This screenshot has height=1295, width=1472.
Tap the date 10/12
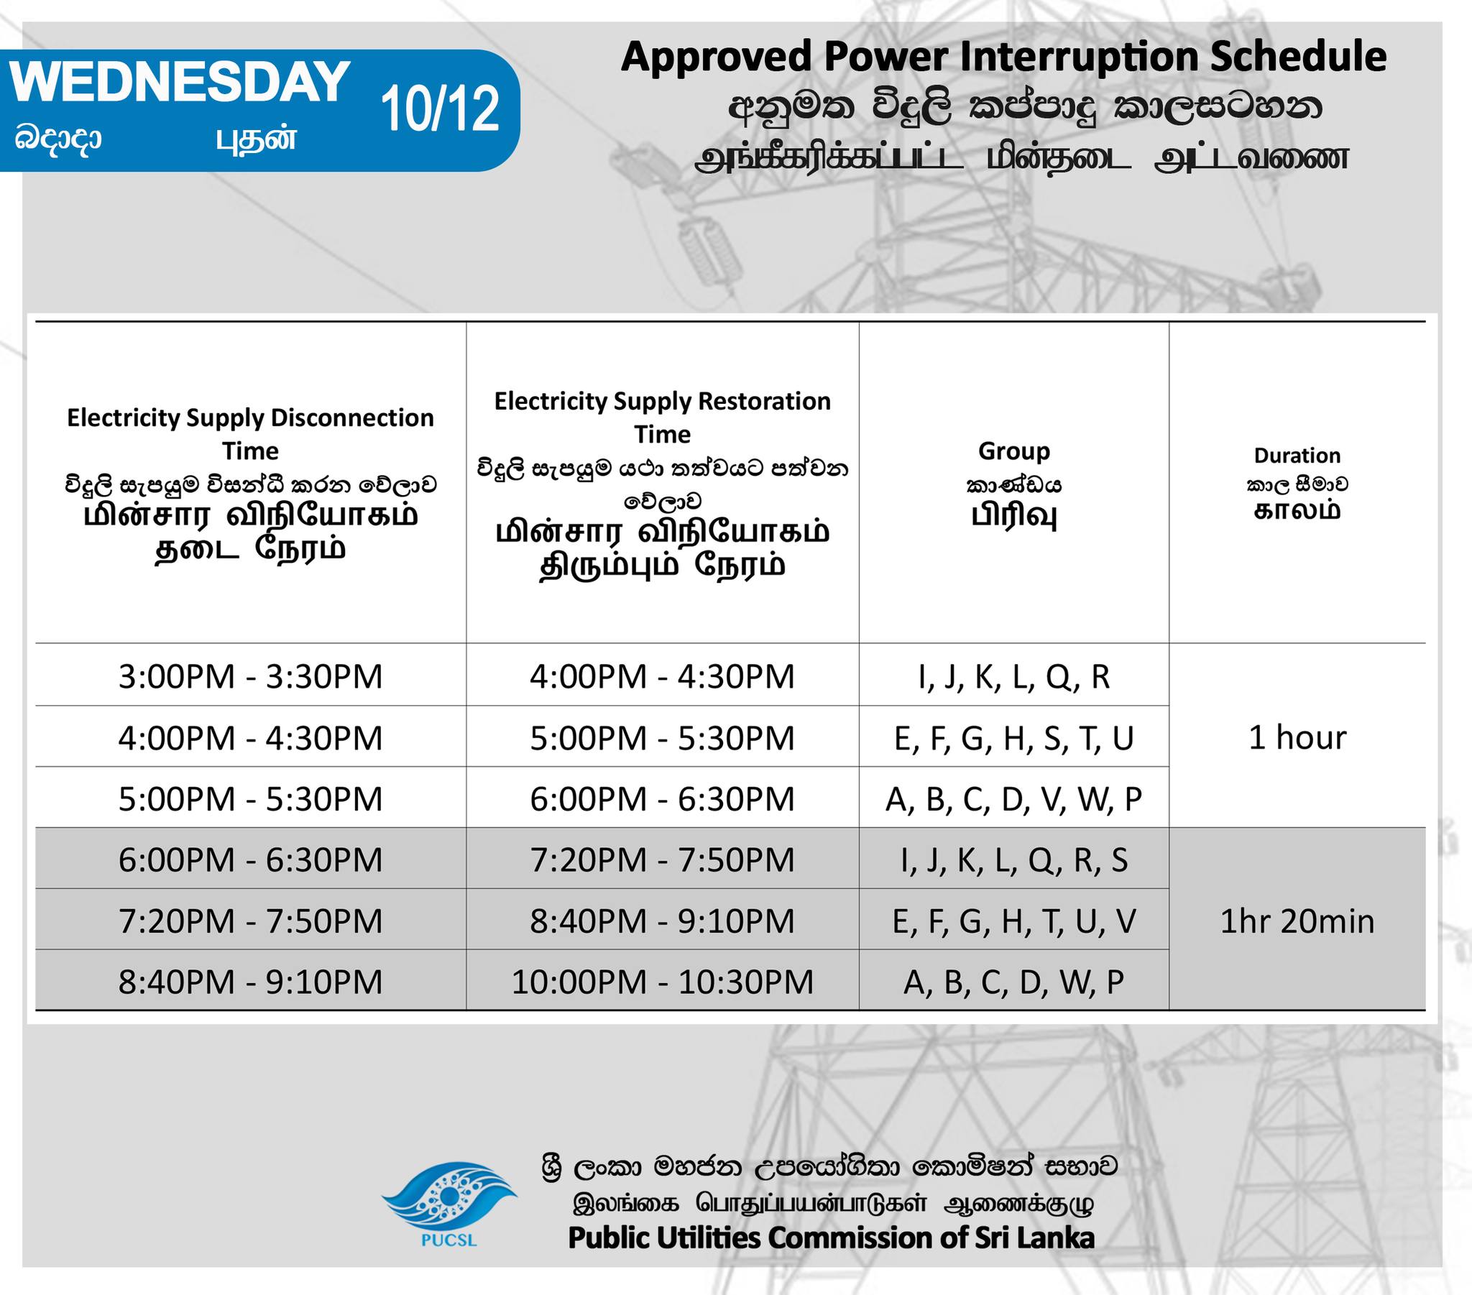(440, 109)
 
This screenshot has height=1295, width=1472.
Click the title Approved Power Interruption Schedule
(1004, 57)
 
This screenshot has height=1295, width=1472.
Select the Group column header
(1014, 451)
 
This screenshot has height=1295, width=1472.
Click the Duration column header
(1297, 455)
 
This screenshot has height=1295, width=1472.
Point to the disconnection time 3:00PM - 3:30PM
(251, 676)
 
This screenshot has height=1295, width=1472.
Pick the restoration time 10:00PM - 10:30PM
(663, 982)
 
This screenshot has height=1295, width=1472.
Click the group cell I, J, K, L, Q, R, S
(1014, 860)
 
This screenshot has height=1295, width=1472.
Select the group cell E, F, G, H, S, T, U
(1014, 738)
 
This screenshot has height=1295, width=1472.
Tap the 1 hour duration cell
(1297, 737)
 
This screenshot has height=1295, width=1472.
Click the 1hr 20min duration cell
(1297, 921)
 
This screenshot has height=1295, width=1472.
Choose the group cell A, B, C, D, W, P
(1014, 982)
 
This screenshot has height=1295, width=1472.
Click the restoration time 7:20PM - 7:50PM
(663, 860)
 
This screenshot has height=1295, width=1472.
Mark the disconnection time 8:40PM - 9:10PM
(251, 982)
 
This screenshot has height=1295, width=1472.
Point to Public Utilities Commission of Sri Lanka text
(831, 1237)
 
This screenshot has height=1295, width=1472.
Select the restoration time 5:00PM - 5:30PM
(663, 738)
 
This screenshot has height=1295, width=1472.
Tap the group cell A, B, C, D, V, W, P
(1014, 799)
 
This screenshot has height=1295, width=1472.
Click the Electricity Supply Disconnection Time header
(251, 433)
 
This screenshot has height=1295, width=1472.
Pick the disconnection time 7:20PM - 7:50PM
(251, 921)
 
